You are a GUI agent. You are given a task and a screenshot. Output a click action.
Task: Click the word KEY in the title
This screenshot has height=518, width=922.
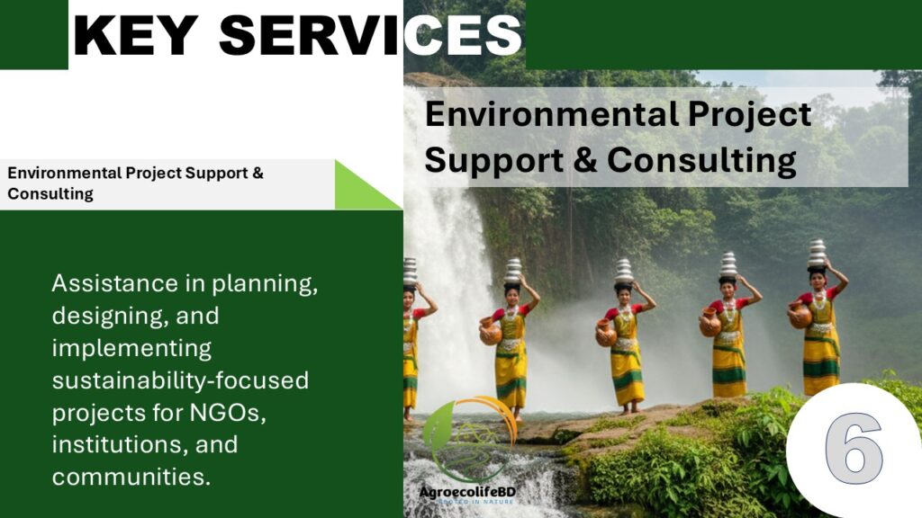136,35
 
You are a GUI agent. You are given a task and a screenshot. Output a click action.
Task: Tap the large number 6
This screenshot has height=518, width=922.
854,448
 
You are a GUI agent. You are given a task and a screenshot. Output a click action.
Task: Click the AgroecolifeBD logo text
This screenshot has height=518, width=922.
467,492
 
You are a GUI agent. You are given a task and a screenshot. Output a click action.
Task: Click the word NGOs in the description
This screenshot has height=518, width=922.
228,412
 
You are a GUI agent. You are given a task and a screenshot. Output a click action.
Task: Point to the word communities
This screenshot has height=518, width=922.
131,477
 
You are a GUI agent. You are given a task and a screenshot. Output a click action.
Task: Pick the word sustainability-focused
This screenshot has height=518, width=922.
180,380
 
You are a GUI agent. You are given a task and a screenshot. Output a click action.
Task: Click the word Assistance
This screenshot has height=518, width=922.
114,283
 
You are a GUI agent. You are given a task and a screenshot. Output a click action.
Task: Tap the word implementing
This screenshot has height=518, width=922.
131,348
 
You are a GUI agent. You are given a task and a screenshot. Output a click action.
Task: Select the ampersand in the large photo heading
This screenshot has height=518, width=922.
584,160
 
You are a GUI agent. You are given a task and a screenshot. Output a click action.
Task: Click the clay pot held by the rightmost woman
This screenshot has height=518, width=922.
800,316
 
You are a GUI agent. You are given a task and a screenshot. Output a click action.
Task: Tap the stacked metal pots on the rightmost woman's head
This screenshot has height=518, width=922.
817,253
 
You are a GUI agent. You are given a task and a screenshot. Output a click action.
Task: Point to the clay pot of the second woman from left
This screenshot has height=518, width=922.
491,332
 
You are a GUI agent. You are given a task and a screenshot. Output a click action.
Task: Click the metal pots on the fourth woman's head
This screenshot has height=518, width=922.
728,265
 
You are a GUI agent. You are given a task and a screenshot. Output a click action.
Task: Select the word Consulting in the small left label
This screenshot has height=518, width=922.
50,194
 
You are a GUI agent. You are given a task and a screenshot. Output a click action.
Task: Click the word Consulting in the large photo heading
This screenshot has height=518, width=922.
701,161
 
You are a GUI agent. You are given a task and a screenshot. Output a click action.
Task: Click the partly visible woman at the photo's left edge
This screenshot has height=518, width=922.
411,341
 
